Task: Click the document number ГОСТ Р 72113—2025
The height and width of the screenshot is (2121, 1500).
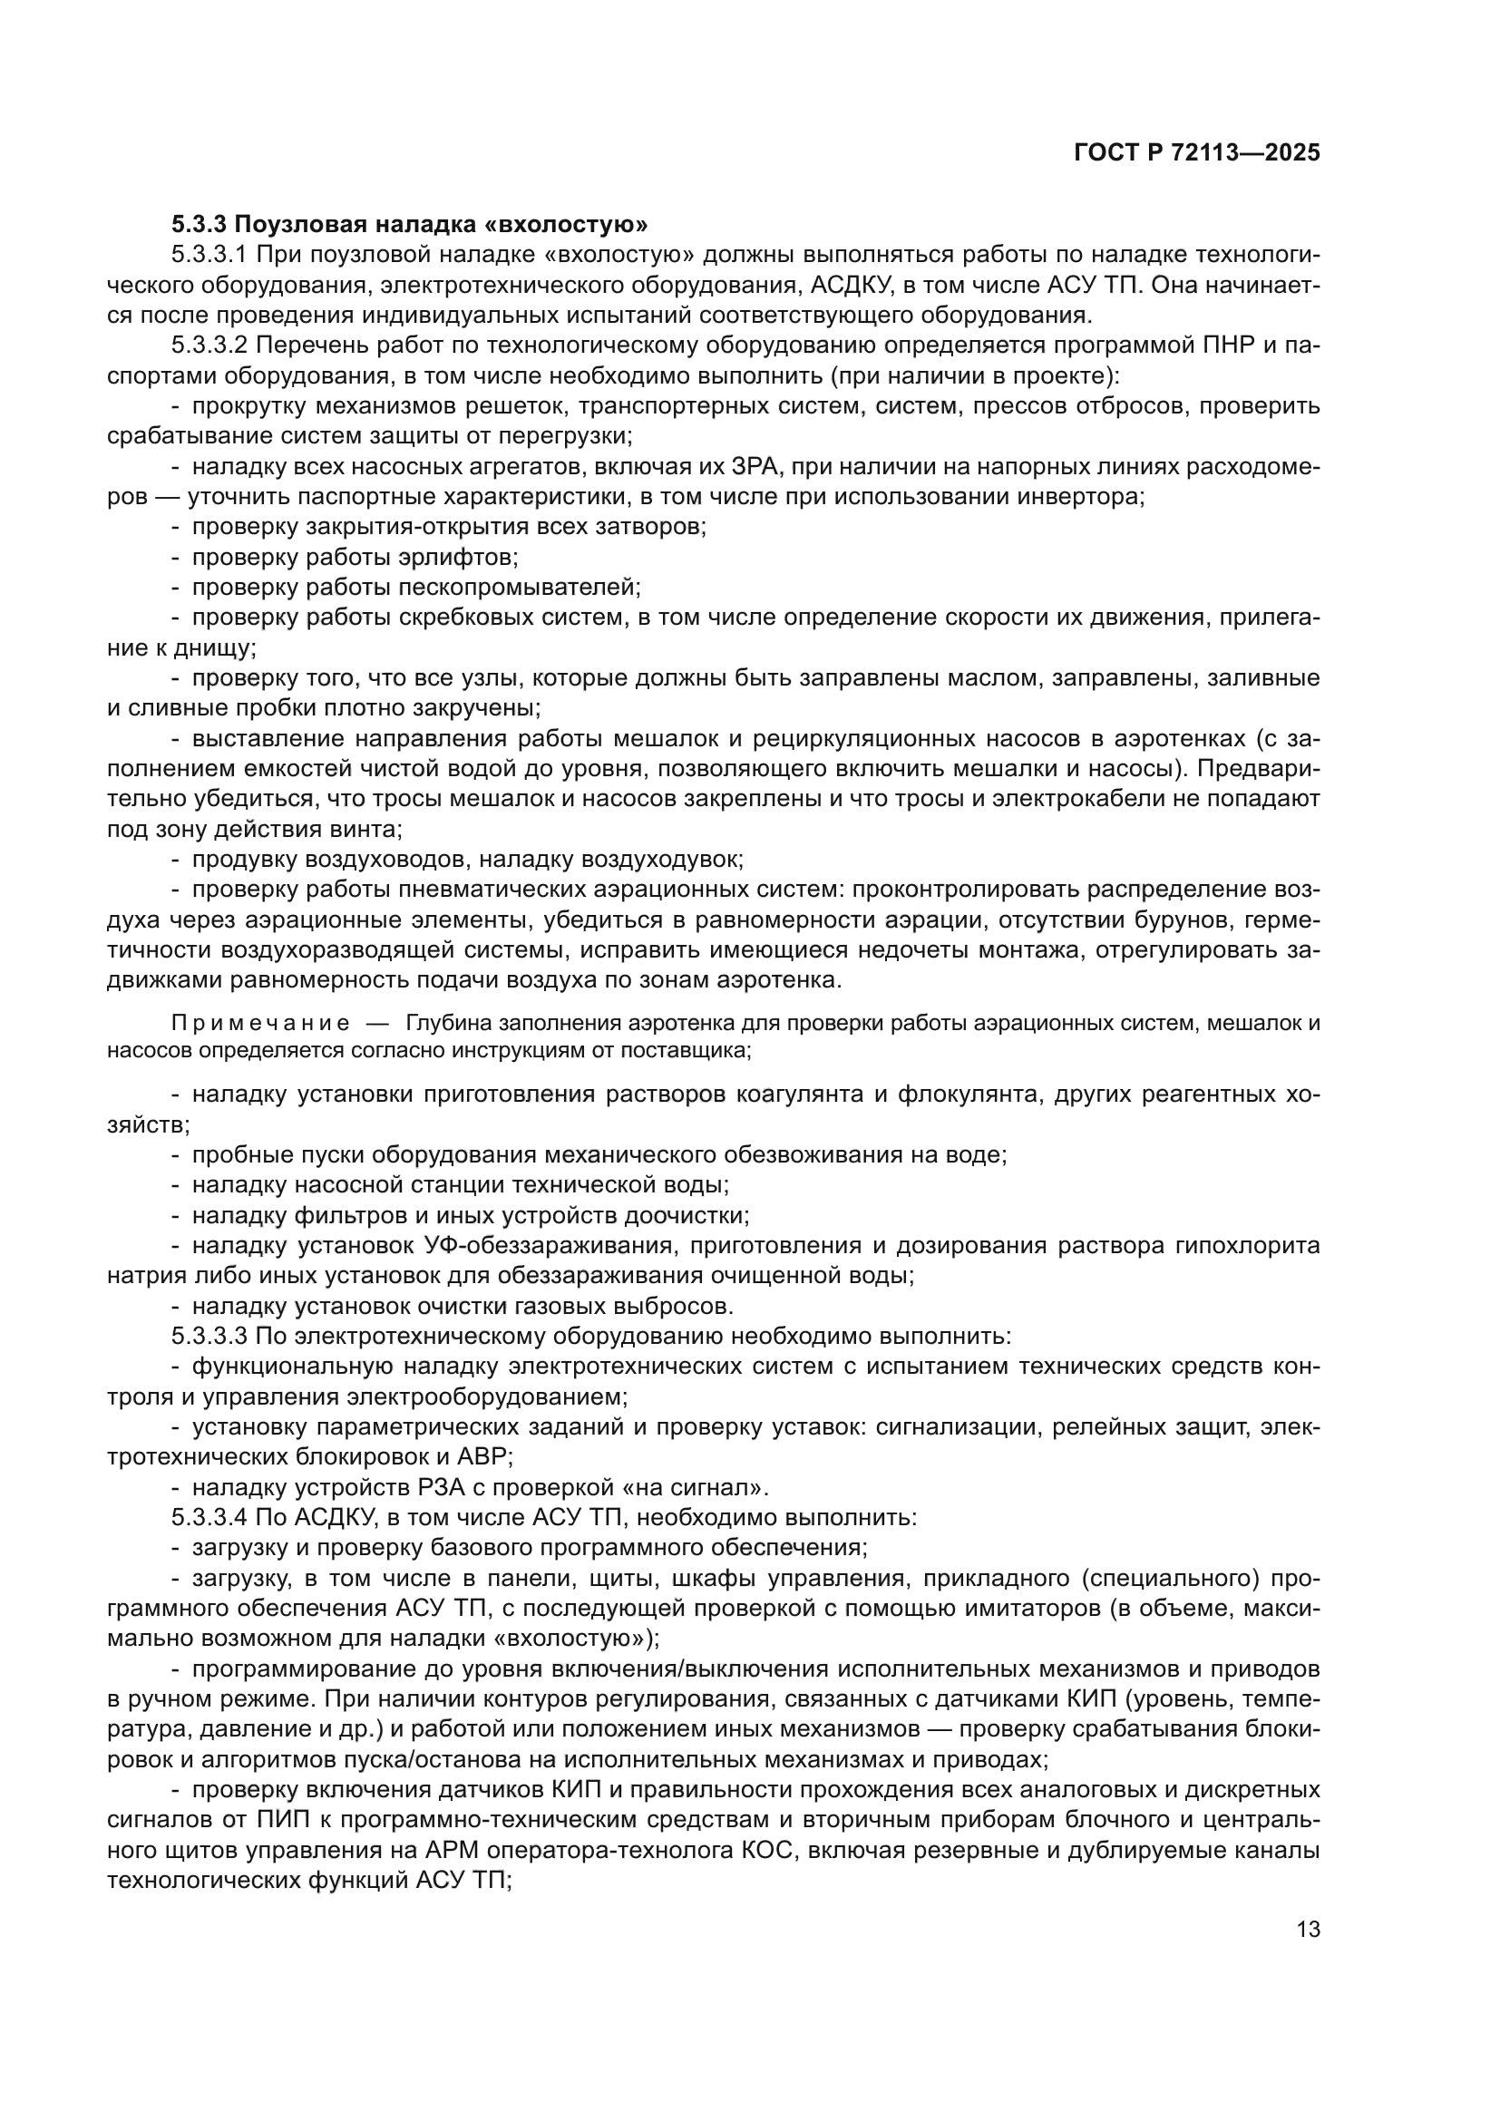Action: click(1197, 152)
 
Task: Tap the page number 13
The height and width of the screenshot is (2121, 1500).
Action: click(1308, 1930)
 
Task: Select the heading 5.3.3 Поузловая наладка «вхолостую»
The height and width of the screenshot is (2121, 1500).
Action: click(409, 225)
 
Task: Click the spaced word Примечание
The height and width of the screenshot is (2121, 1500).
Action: click(260, 1024)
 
